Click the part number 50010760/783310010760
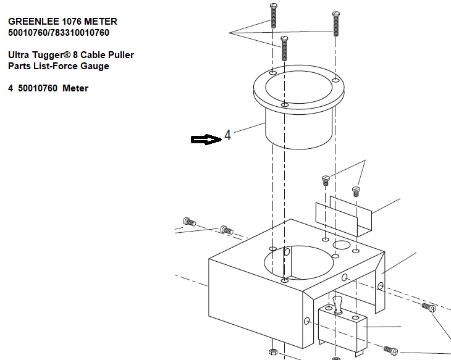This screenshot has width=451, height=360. point(59,33)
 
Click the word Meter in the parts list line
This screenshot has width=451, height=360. point(75,88)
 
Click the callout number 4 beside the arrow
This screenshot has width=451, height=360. point(227,135)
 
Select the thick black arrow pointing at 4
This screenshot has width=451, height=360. point(206,140)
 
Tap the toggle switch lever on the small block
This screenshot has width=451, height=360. point(337,305)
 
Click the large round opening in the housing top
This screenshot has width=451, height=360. point(298,263)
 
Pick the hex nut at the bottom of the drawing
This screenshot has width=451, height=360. point(273,352)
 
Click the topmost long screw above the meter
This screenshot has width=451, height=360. point(274,15)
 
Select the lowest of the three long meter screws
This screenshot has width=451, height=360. point(284,48)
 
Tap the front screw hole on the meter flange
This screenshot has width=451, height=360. point(284,105)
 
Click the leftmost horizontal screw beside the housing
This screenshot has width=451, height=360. point(189,222)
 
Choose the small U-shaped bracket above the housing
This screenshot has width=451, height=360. point(344,216)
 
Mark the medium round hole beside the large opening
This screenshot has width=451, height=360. point(342,245)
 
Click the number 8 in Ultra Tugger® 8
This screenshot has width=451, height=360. point(75,55)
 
